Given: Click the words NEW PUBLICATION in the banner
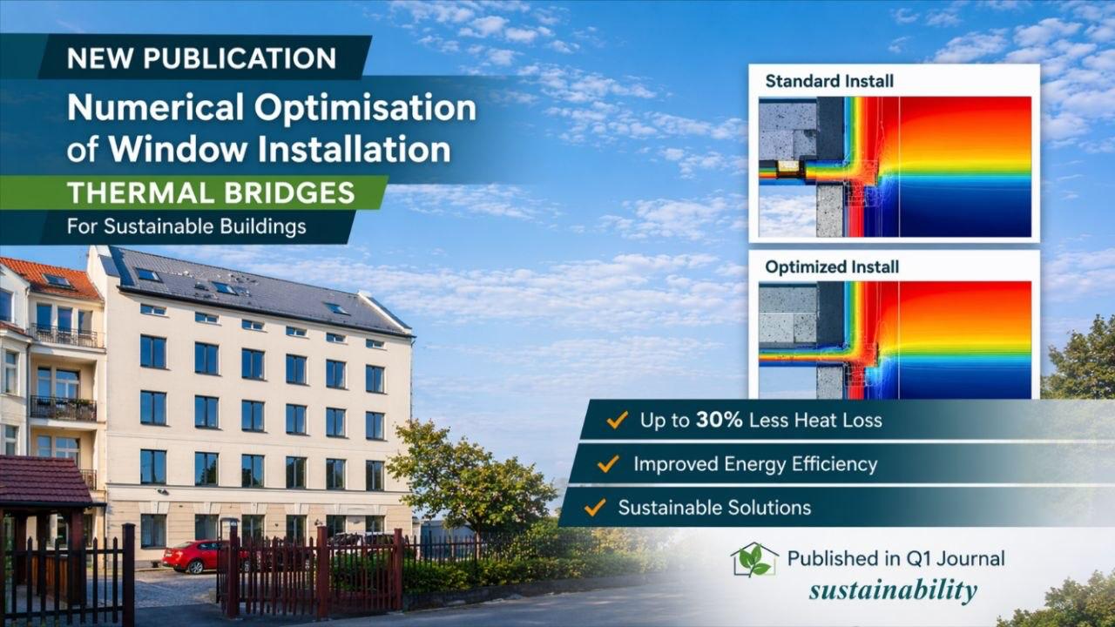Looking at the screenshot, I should [x=201, y=58].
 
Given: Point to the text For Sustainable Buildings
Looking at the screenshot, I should [x=186, y=226].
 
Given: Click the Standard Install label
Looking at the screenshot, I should [x=828, y=81].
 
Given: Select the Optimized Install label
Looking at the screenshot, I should [x=831, y=266].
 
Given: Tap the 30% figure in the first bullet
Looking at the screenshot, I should [x=719, y=421].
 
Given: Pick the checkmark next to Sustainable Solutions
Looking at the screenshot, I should [x=595, y=507].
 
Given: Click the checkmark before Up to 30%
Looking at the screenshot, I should [x=617, y=421].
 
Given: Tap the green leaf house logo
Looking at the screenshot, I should [x=753, y=560].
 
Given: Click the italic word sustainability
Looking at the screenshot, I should [x=892, y=590].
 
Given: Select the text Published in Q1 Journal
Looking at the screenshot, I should [x=895, y=558].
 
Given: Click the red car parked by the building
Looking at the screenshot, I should [x=193, y=556].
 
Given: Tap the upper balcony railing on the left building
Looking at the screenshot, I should [x=65, y=336].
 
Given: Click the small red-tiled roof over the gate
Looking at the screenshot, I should [x=45, y=482].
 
